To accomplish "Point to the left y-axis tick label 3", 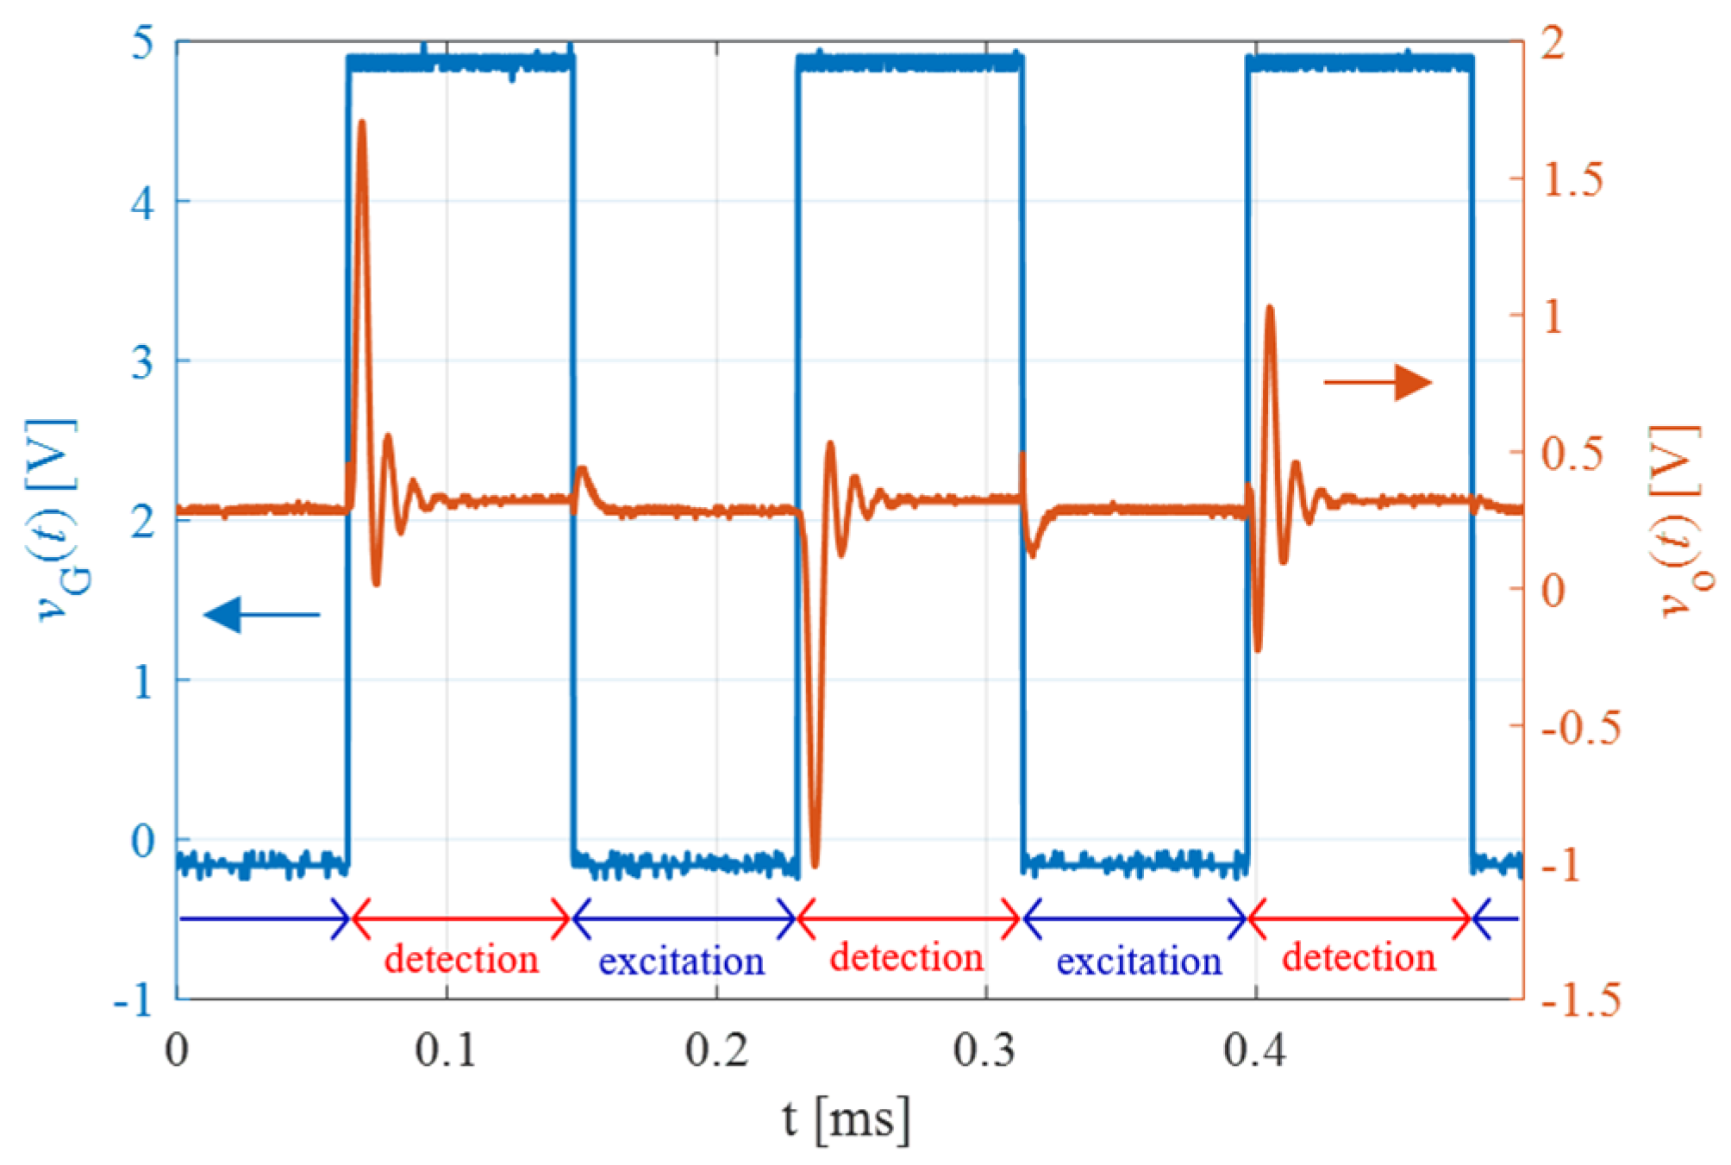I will pyautogui.click(x=143, y=362).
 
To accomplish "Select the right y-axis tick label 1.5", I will pyautogui.click(x=1572, y=179).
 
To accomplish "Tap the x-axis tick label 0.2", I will pyautogui.click(x=716, y=1050).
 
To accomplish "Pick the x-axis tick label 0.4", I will pyautogui.click(x=1255, y=1050).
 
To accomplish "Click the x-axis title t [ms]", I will pyautogui.click(x=846, y=1120).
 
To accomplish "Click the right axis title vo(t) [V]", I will pyautogui.click(x=1678, y=522).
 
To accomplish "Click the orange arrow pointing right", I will pyautogui.click(x=1378, y=382).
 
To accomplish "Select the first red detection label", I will pyautogui.click(x=461, y=960).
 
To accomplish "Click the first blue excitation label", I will pyautogui.click(x=681, y=961).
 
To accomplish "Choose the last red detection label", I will pyautogui.click(x=1359, y=958).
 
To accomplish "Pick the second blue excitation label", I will pyautogui.click(x=1139, y=961).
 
